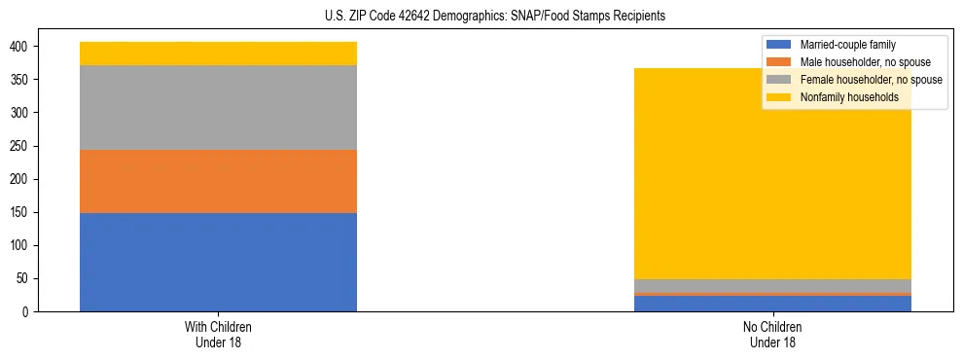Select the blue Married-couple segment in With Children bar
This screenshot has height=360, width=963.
click(x=218, y=262)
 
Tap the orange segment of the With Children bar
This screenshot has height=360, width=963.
click(x=218, y=181)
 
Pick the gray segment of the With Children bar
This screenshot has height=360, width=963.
click(x=218, y=107)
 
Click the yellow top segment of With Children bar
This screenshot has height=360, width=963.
click(x=218, y=54)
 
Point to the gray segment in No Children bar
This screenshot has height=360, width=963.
click(x=772, y=285)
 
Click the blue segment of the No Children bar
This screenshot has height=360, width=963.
click(x=772, y=304)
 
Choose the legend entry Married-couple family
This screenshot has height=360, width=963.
click(x=847, y=45)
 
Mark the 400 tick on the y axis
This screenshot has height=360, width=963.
click(x=20, y=47)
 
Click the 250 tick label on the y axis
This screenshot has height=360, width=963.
click(x=20, y=146)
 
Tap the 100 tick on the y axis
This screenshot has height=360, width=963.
click(x=20, y=245)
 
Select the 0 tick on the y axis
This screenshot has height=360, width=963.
click(x=26, y=312)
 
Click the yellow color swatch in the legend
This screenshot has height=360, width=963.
click(x=779, y=97)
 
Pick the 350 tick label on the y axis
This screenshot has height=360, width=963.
click(x=20, y=80)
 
